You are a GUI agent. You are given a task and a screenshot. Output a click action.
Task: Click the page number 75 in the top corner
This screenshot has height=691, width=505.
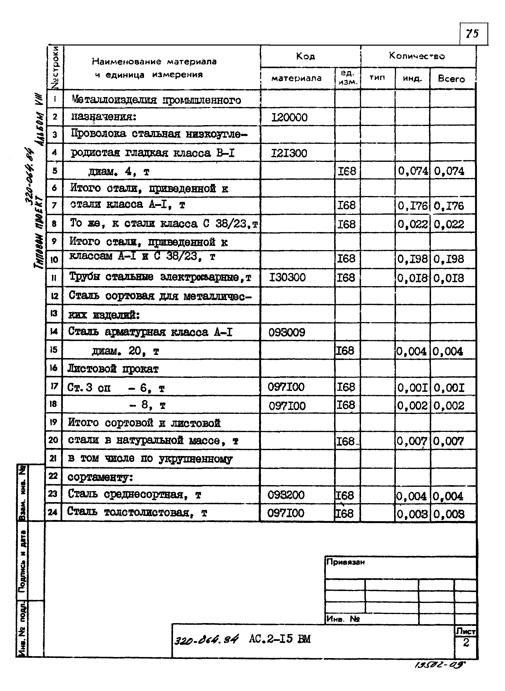(472, 33)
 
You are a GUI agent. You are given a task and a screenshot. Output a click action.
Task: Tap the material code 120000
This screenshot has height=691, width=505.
(289, 117)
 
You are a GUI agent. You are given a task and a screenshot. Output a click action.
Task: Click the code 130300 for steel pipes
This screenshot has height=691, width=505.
(287, 277)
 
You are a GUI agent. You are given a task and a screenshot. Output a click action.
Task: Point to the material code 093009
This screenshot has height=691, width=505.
(286, 332)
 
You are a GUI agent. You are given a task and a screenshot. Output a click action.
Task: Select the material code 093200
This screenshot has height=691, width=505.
(286, 495)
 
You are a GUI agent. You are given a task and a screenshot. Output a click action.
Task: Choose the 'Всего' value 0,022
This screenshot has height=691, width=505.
(448, 224)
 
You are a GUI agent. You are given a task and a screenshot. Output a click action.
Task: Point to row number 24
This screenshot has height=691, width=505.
(53, 512)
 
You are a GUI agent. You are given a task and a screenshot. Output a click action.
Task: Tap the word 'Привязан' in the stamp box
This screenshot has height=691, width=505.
(345, 562)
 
